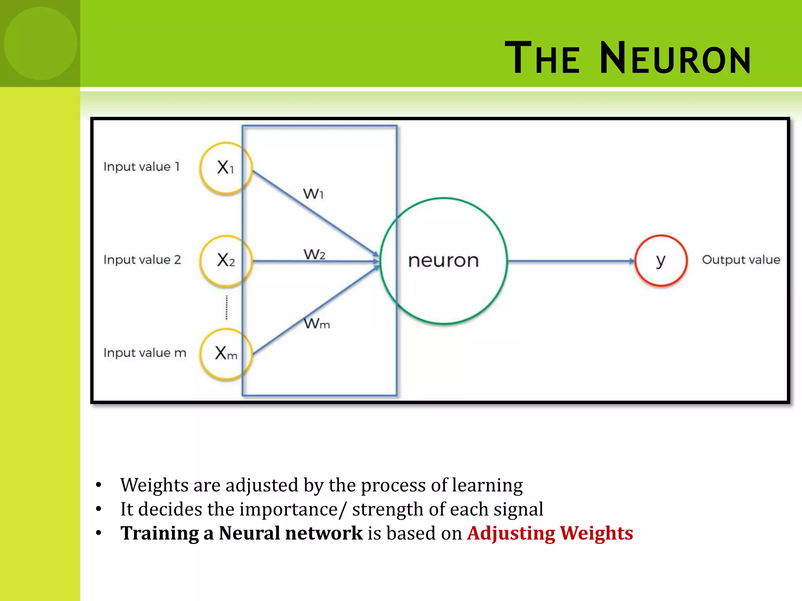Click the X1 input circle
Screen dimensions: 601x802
click(226, 168)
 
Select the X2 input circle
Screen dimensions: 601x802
click(226, 261)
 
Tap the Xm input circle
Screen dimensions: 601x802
click(226, 354)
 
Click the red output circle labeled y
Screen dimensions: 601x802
click(661, 261)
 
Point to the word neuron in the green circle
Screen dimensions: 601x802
click(443, 261)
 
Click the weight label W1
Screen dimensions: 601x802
click(313, 194)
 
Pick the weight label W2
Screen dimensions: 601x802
click(314, 254)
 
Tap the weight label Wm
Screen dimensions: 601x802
click(317, 324)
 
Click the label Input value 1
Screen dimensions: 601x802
click(141, 167)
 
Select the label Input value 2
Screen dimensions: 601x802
click(142, 260)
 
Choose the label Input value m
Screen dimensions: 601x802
click(145, 353)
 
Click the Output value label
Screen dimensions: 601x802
click(741, 260)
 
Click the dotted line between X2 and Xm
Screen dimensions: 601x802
click(226, 307)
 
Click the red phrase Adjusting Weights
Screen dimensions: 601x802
click(550, 533)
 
